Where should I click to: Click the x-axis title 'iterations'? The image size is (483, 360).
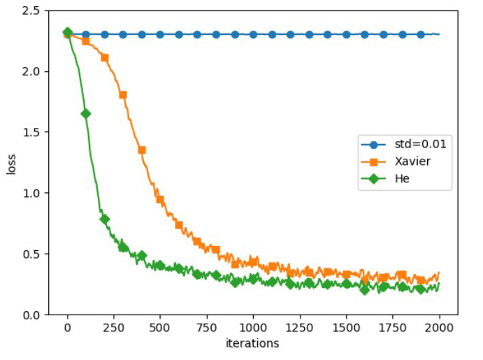point(253,344)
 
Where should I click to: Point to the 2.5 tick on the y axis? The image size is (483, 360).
point(30,11)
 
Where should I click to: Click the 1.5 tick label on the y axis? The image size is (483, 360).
point(30,132)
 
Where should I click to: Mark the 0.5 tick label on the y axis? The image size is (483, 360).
point(30,254)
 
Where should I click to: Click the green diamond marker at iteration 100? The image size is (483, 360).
point(86,113)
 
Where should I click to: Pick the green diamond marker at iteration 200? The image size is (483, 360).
point(105,219)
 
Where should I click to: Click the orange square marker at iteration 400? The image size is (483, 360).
point(142,150)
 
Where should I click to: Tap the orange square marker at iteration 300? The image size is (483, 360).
point(123,94)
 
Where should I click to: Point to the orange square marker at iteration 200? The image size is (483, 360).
point(105,57)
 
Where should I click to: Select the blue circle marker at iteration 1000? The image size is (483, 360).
point(253,34)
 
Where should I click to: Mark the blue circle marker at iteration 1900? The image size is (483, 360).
point(421,34)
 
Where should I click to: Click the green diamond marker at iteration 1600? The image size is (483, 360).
point(365,289)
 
